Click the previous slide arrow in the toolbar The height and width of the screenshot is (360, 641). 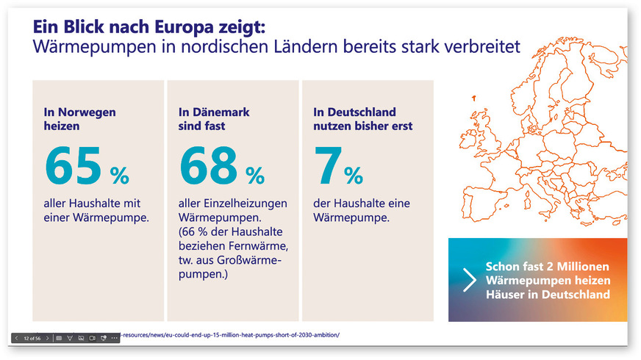click(15, 338)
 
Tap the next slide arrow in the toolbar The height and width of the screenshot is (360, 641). click(48, 338)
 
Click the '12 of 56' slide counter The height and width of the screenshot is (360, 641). click(32, 338)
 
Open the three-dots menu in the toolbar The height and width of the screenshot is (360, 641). click(114, 338)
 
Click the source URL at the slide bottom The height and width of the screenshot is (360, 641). click(232, 335)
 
